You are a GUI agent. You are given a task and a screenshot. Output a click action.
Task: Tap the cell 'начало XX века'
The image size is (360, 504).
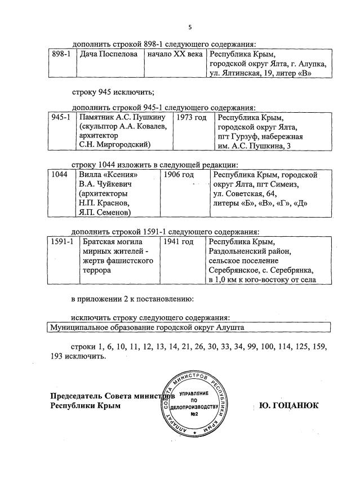coord(175,55)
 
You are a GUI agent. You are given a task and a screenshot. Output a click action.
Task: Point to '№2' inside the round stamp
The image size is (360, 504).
coord(196,414)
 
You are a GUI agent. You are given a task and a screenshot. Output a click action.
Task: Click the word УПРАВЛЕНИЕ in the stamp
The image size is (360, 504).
coord(196,392)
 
